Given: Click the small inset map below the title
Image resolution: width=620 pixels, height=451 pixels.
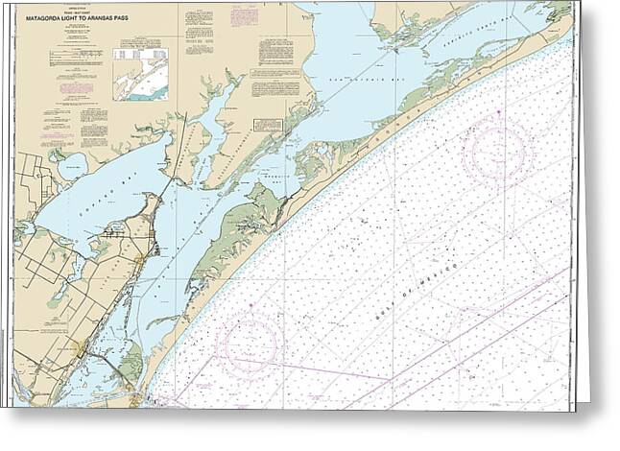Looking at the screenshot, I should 140,74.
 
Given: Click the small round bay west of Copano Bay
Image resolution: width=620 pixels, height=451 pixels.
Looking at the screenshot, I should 72,167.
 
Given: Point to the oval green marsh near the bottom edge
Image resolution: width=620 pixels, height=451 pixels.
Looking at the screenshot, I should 131,365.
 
